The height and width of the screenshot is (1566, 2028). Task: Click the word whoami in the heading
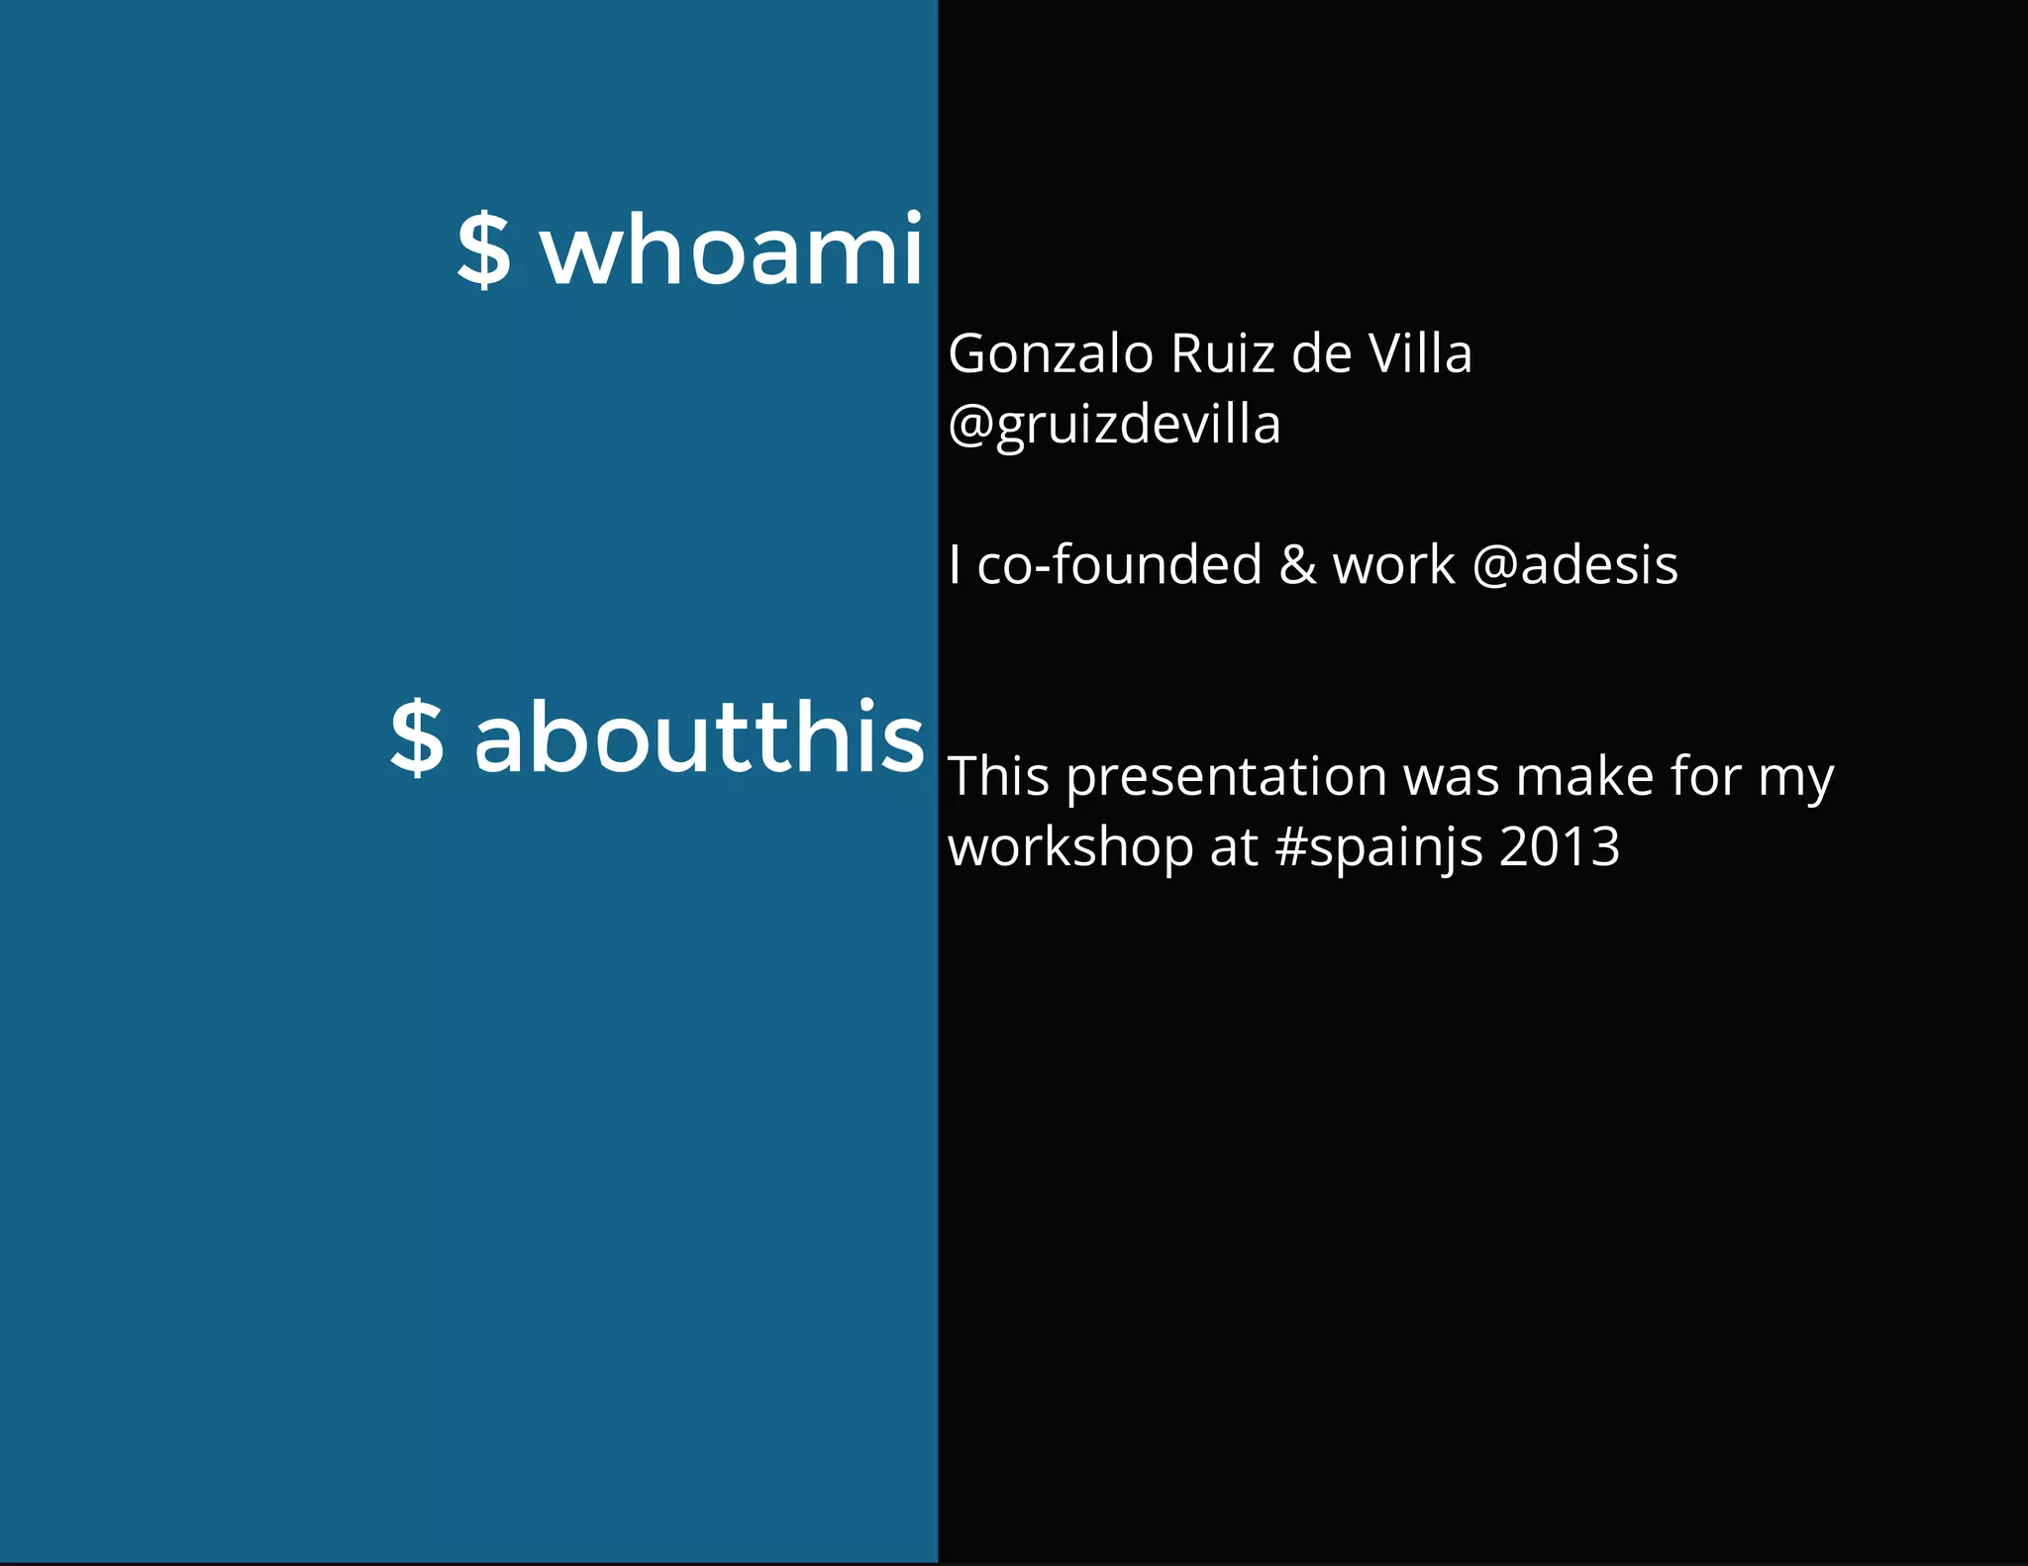pyautogui.click(x=732, y=249)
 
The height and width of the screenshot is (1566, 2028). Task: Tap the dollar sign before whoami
pyautogui.click(x=484, y=251)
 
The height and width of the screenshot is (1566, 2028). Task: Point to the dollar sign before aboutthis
pyautogui.click(x=417, y=737)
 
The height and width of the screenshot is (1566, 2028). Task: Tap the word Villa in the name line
pyautogui.click(x=1420, y=354)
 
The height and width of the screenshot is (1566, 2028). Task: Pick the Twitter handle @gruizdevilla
pyautogui.click(x=1114, y=426)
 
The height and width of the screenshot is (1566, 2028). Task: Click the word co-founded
pyautogui.click(x=1120, y=565)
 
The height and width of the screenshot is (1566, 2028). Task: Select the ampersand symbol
pyautogui.click(x=1297, y=565)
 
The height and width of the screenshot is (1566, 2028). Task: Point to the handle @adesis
pyautogui.click(x=1574, y=565)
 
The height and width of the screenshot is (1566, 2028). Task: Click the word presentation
pyautogui.click(x=1227, y=778)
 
